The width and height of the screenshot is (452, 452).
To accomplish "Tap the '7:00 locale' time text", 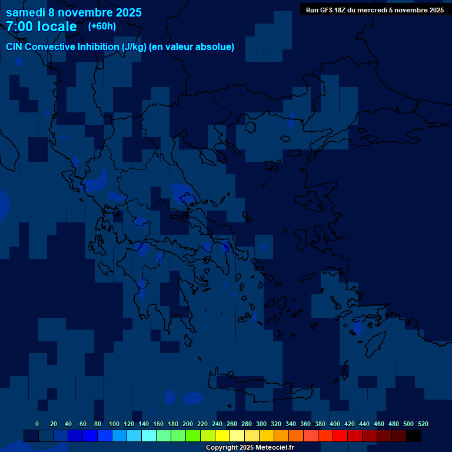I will pyautogui.click(x=41, y=26).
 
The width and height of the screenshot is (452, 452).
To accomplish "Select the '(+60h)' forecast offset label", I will pyautogui.click(x=102, y=26).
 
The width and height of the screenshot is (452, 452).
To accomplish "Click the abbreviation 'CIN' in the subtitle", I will pyautogui.click(x=14, y=47).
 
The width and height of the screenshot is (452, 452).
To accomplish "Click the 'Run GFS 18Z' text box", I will pyautogui.click(x=374, y=10).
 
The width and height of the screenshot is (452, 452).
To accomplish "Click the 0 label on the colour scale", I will pyautogui.click(x=37, y=424).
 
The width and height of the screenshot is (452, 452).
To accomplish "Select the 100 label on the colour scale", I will pyautogui.click(x=114, y=424).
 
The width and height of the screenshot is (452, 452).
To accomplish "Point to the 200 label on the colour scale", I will pyautogui.click(x=188, y=424).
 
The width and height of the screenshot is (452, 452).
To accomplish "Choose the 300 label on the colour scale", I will pyautogui.click(x=261, y=424).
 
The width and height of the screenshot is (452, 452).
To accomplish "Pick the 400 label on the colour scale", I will pyautogui.click(x=335, y=424).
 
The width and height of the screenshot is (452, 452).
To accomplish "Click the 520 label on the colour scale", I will pyautogui.click(x=423, y=424).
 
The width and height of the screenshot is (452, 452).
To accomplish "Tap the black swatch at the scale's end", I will pyautogui.click(x=414, y=436).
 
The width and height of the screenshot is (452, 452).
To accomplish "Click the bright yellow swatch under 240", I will pyautogui.click(x=222, y=436).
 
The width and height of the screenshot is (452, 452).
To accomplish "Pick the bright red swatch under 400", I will pyautogui.click(x=340, y=436).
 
